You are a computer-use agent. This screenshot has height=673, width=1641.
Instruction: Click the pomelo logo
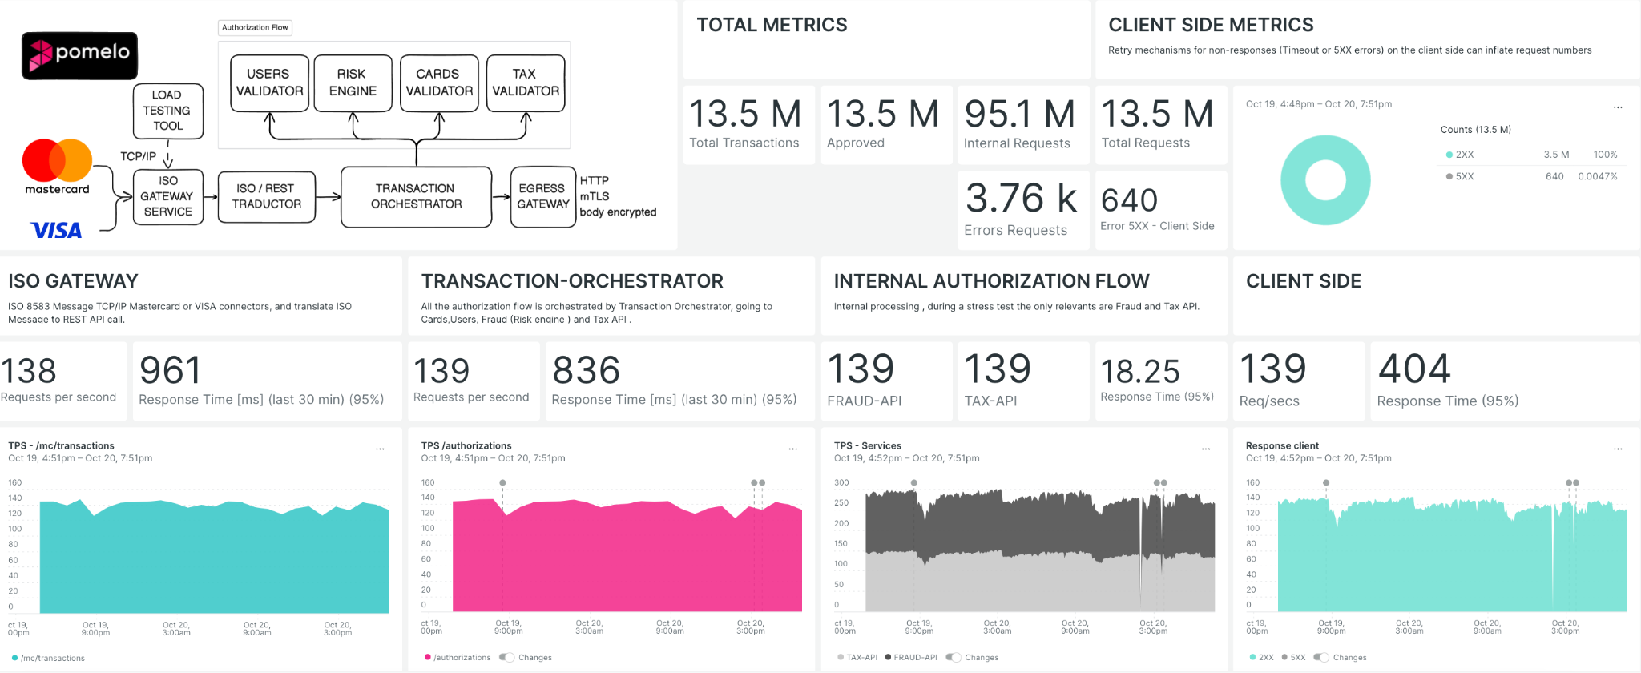[79, 55]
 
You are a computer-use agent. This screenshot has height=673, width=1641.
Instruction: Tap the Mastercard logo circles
[57, 160]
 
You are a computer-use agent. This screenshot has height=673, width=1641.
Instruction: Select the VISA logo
[56, 231]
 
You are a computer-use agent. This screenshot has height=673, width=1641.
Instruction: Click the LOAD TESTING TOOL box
[167, 111]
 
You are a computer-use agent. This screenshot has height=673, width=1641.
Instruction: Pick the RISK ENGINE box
[353, 83]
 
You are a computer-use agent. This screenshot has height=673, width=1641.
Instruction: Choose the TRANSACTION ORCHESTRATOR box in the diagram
[416, 196]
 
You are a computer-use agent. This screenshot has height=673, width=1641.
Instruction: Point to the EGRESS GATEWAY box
[542, 196]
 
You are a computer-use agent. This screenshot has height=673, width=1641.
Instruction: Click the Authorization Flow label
[255, 28]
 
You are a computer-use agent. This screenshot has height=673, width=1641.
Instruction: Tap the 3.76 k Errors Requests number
[1021, 199]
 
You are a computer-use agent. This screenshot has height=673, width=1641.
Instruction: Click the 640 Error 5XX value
[1129, 200]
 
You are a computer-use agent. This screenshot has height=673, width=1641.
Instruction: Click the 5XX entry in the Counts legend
[1464, 176]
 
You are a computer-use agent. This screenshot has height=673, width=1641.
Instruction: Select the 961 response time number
[170, 371]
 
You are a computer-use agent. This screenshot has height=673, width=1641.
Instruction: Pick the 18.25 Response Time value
[1139, 372]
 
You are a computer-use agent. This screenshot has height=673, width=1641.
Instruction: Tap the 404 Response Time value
[1414, 369]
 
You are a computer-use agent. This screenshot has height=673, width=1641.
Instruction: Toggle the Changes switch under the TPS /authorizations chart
[506, 658]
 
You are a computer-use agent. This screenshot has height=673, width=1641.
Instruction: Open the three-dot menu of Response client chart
[1618, 449]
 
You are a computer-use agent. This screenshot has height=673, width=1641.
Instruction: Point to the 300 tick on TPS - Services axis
[841, 483]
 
